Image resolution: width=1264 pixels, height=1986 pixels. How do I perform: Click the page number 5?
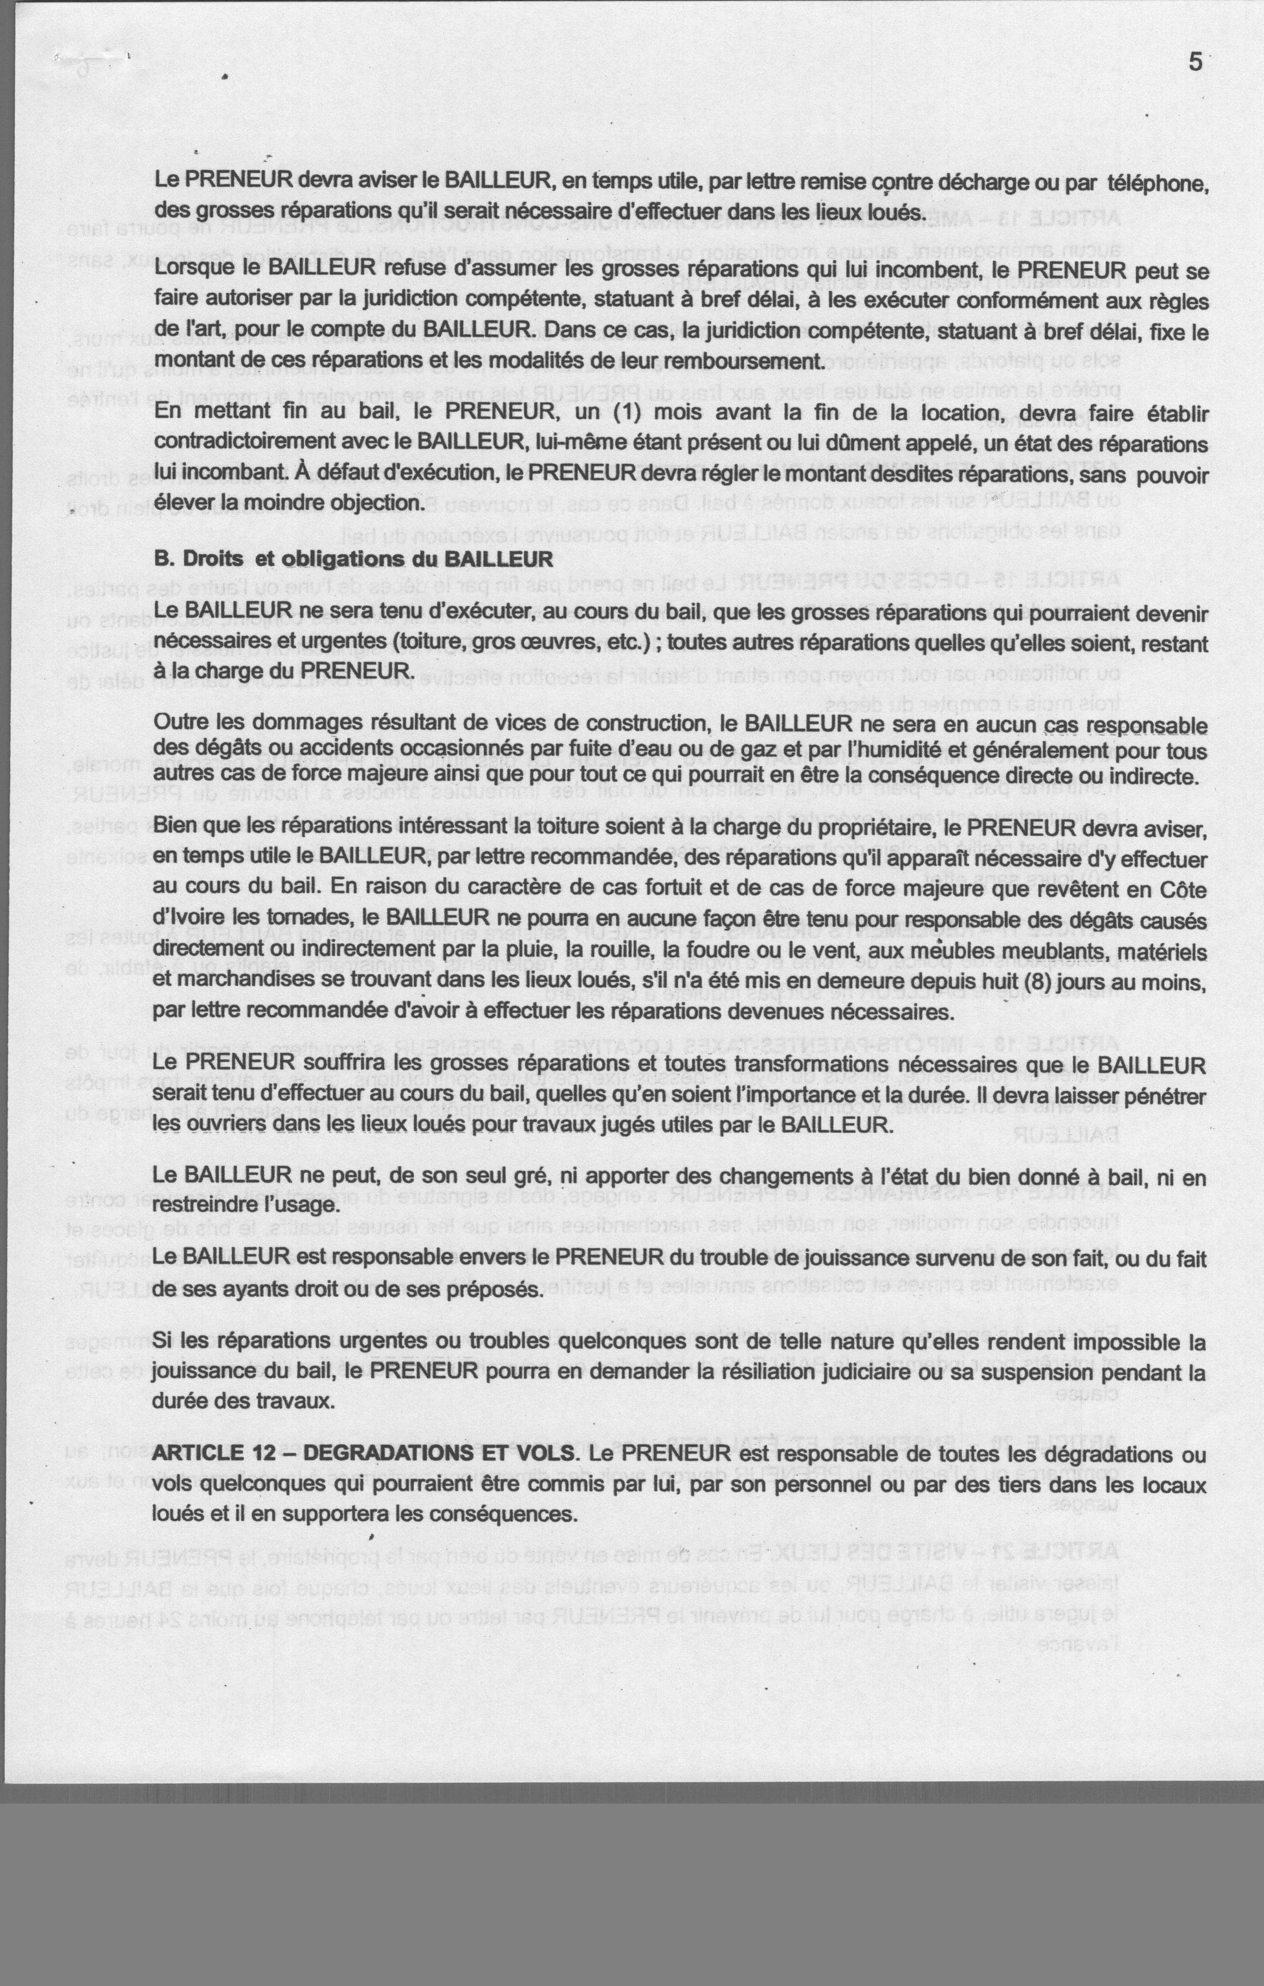1195,62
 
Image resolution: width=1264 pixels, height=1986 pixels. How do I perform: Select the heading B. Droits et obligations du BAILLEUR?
353,559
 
